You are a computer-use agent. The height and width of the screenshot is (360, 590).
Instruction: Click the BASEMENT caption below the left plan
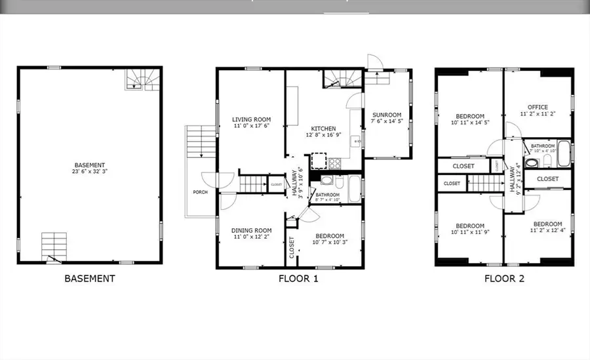90,278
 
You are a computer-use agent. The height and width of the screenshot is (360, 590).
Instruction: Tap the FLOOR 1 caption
298,278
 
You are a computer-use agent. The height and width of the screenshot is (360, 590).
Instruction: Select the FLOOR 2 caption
504,278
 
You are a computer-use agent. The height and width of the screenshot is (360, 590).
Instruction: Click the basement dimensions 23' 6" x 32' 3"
90,172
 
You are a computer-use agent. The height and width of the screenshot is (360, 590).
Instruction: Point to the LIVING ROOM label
251,119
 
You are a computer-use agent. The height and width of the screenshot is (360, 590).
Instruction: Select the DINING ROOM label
252,230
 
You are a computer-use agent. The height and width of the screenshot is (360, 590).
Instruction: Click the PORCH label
201,192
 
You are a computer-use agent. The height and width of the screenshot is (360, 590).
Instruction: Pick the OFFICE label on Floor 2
538,107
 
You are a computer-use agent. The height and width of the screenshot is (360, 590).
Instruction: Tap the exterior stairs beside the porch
198,141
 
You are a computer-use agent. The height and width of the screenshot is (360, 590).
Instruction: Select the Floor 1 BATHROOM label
328,195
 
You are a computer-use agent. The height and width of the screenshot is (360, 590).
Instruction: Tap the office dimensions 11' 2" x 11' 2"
538,113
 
